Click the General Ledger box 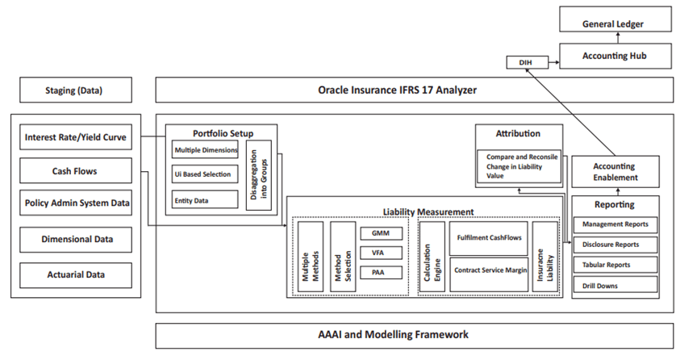pos(613,24)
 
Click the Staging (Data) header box pos(73,90)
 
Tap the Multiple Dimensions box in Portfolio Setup pos(205,149)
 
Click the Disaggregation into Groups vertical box pos(258,174)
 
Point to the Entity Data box pos(205,199)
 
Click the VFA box pos(377,252)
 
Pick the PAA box pos(377,272)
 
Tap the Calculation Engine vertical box pos(432,256)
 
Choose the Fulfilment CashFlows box pos(488,238)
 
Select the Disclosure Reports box pos(615,245)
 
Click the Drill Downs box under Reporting pos(615,286)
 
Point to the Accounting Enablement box pos(615,172)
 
